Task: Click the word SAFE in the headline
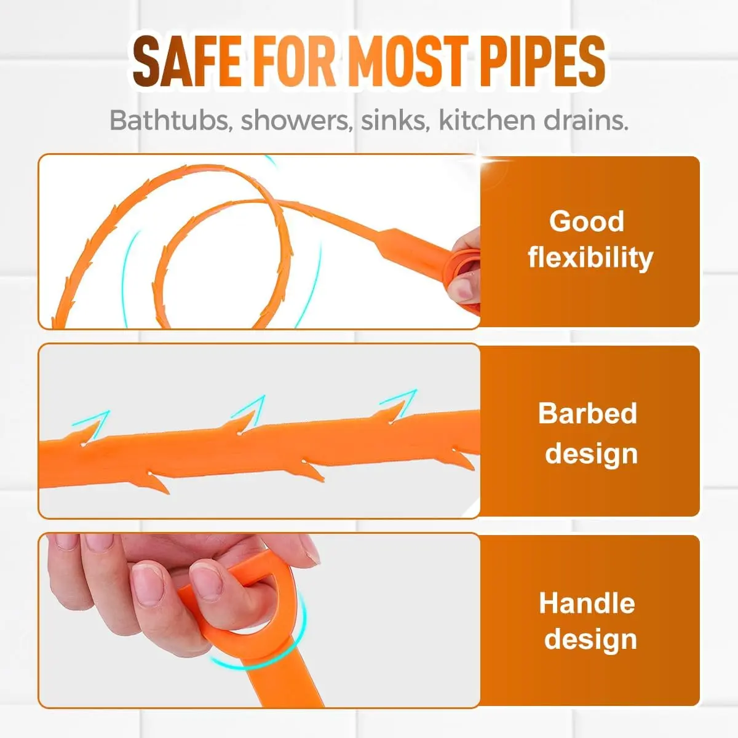tap(188, 61)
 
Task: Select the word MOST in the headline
tap(408, 61)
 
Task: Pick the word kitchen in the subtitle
tap(486, 120)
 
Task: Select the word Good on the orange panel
tap(587, 221)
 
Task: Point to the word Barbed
tap(587, 413)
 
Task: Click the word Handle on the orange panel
tap(587, 603)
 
